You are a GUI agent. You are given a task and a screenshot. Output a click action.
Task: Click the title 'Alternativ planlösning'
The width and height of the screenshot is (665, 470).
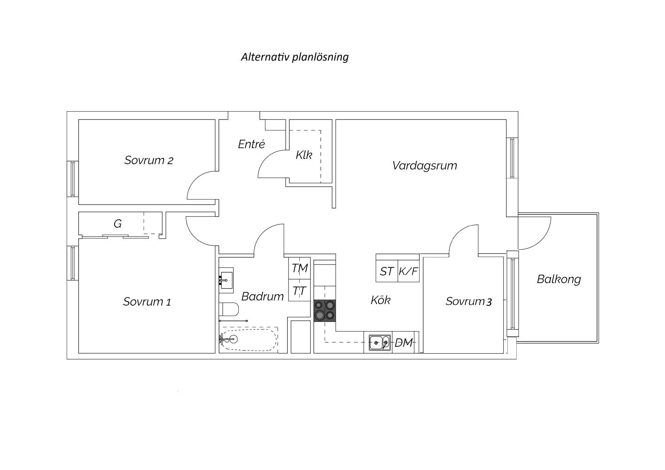coord(295,57)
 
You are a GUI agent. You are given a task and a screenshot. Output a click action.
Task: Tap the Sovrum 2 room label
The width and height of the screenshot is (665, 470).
coord(149,160)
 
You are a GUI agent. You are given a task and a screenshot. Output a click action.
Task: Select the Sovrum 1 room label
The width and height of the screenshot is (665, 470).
coord(147,302)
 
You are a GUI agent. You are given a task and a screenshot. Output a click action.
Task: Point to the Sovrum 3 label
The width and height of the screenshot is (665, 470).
coord(469,301)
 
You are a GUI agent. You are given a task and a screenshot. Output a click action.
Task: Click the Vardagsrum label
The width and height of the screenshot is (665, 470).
coord(425,166)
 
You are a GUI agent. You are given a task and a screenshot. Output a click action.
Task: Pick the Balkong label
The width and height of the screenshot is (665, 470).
coord(559,279)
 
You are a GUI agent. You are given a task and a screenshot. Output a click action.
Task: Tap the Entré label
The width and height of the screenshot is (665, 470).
coord(251,144)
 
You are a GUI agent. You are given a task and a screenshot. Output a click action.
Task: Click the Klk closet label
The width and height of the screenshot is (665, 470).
coord(304,155)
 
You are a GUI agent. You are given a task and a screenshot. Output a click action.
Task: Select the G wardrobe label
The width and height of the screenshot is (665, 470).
coord(117,224)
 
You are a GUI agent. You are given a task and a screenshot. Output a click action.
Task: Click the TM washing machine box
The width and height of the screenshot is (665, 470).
coord(299,268)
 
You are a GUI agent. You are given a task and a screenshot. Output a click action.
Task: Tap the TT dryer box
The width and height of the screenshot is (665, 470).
coord(299,290)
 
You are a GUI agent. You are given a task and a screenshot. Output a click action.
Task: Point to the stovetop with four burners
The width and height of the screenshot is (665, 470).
coord(325,310)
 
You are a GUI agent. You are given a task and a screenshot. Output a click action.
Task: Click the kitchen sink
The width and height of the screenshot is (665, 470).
coord(380,343)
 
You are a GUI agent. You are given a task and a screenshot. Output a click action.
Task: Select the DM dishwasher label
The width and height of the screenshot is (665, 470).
coord(404,343)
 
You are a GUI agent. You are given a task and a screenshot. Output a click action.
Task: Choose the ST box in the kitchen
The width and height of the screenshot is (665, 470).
coord(387,271)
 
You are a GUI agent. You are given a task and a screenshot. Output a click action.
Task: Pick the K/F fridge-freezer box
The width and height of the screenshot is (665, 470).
coord(409,271)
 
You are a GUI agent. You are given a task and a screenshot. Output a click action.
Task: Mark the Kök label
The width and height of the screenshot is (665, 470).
coord(380,300)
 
